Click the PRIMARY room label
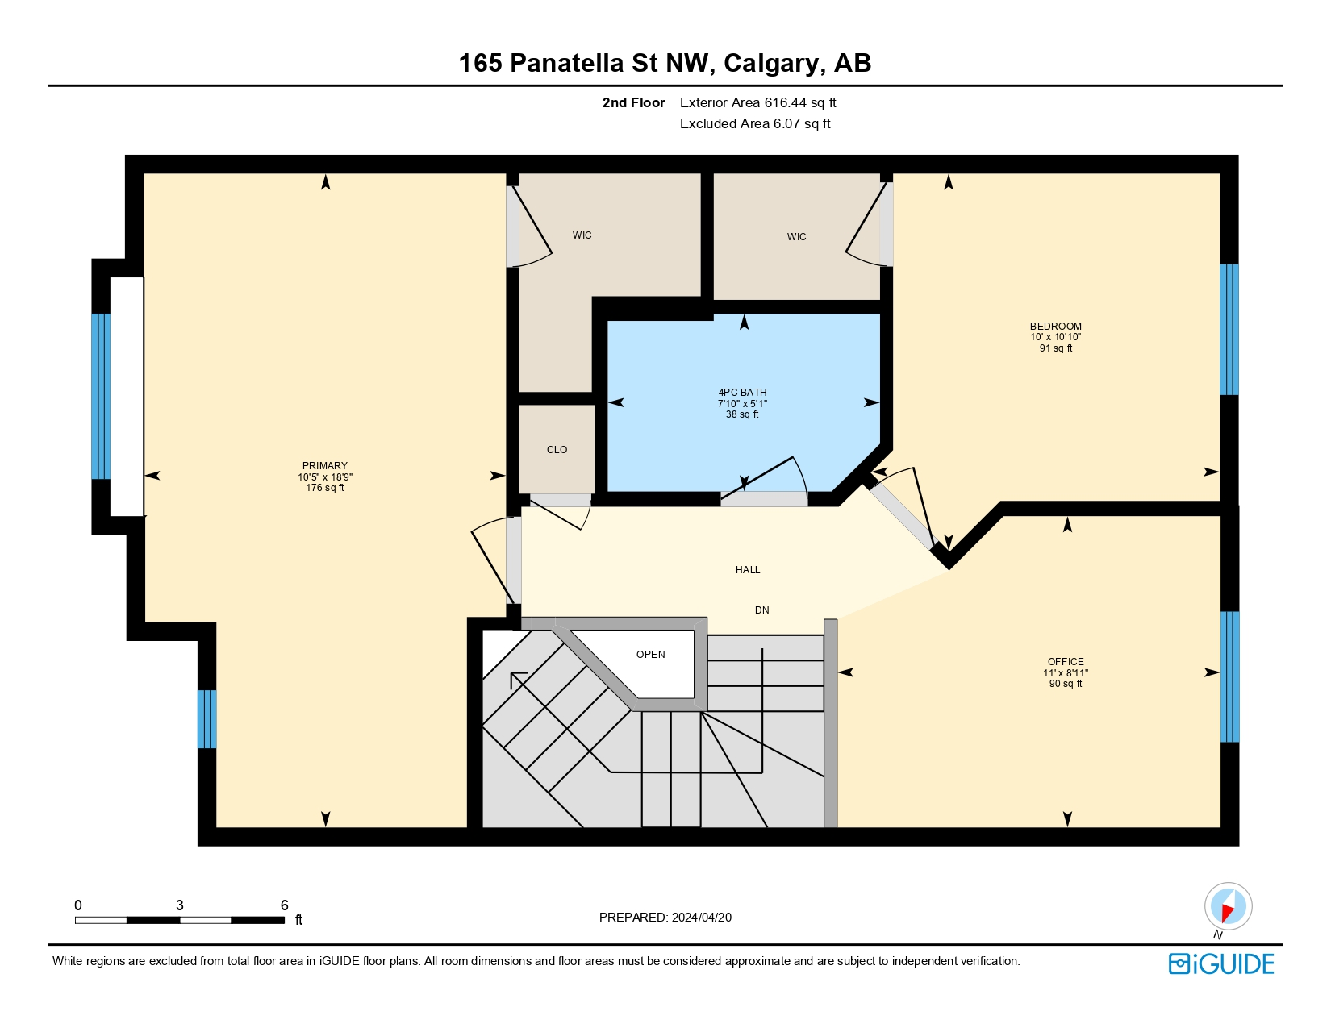pyautogui.click(x=325, y=466)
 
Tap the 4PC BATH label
pyautogui.click(x=742, y=393)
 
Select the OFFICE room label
pyautogui.click(x=1066, y=662)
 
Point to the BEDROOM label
pyautogui.click(x=1055, y=327)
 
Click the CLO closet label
pyautogui.click(x=557, y=450)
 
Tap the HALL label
pyautogui.click(x=748, y=570)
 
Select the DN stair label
pyautogui.click(x=761, y=610)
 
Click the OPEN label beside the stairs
pyautogui.click(x=650, y=655)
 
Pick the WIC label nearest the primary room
pyautogui.click(x=582, y=235)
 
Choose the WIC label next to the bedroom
pyautogui.click(x=796, y=237)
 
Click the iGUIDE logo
pyautogui.click(x=1221, y=964)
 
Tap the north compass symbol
pyautogui.click(x=1228, y=906)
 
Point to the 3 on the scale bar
pyautogui.click(x=179, y=905)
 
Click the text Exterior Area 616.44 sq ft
pyautogui.click(x=757, y=102)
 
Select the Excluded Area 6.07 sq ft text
pyautogui.click(x=755, y=123)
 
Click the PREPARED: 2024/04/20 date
pyautogui.click(x=665, y=918)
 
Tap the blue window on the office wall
pyautogui.click(x=1229, y=676)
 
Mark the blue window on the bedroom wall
pyautogui.click(x=1229, y=329)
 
